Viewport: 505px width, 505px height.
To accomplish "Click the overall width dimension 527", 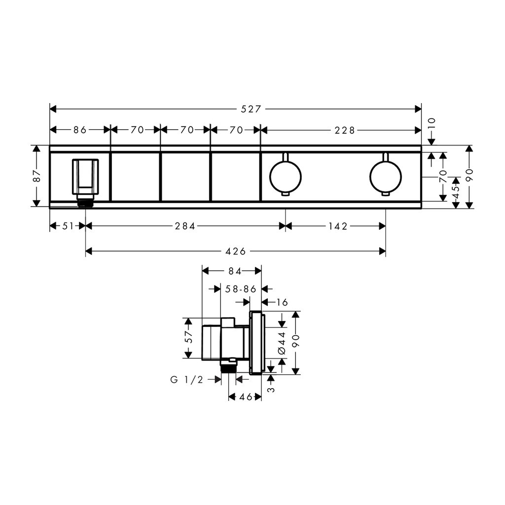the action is click(251, 109).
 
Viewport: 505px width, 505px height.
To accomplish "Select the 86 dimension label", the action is click(80, 130).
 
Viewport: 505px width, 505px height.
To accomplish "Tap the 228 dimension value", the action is click(345, 130).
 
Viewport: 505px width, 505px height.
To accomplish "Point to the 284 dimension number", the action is click(185, 226).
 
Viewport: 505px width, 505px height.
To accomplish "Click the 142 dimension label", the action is click(338, 226).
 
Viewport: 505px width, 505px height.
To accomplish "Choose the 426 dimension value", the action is click(236, 251).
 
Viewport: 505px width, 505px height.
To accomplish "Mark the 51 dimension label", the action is click(68, 226).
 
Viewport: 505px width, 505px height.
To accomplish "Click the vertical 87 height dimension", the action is click(37, 176).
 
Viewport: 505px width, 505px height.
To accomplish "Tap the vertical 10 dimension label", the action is click(432, 123).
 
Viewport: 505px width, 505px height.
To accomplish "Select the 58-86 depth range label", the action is click(241, 289).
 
